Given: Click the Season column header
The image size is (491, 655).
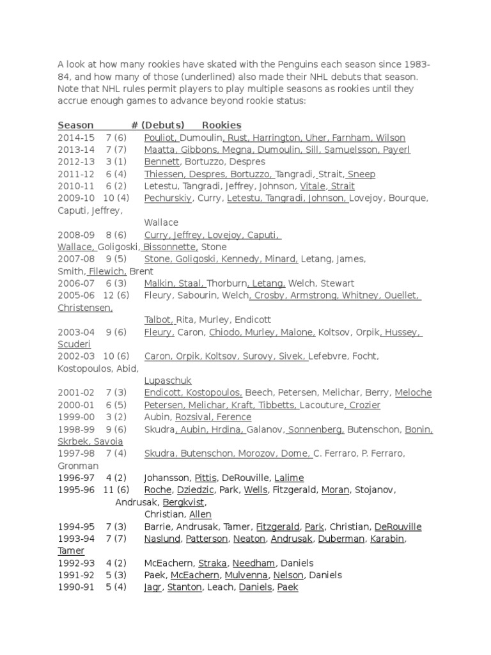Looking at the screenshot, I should (75, 125).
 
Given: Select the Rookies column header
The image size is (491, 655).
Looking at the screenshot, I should (221, 125).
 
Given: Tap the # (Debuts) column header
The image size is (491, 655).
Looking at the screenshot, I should (158, 125).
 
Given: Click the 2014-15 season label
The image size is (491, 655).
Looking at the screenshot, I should (76, 138).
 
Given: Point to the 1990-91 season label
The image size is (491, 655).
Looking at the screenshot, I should (76, 587).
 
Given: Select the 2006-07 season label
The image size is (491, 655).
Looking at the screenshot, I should (76, 283).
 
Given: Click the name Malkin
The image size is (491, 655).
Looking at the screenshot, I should (159, 283).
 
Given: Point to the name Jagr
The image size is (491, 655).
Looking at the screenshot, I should (153, 587).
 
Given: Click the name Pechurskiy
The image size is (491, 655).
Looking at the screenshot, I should (168, 198).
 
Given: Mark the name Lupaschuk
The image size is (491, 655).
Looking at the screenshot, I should (168, 381).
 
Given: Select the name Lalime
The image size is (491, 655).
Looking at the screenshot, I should (289, 478).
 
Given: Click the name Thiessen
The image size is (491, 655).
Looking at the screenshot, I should (164, 174).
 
